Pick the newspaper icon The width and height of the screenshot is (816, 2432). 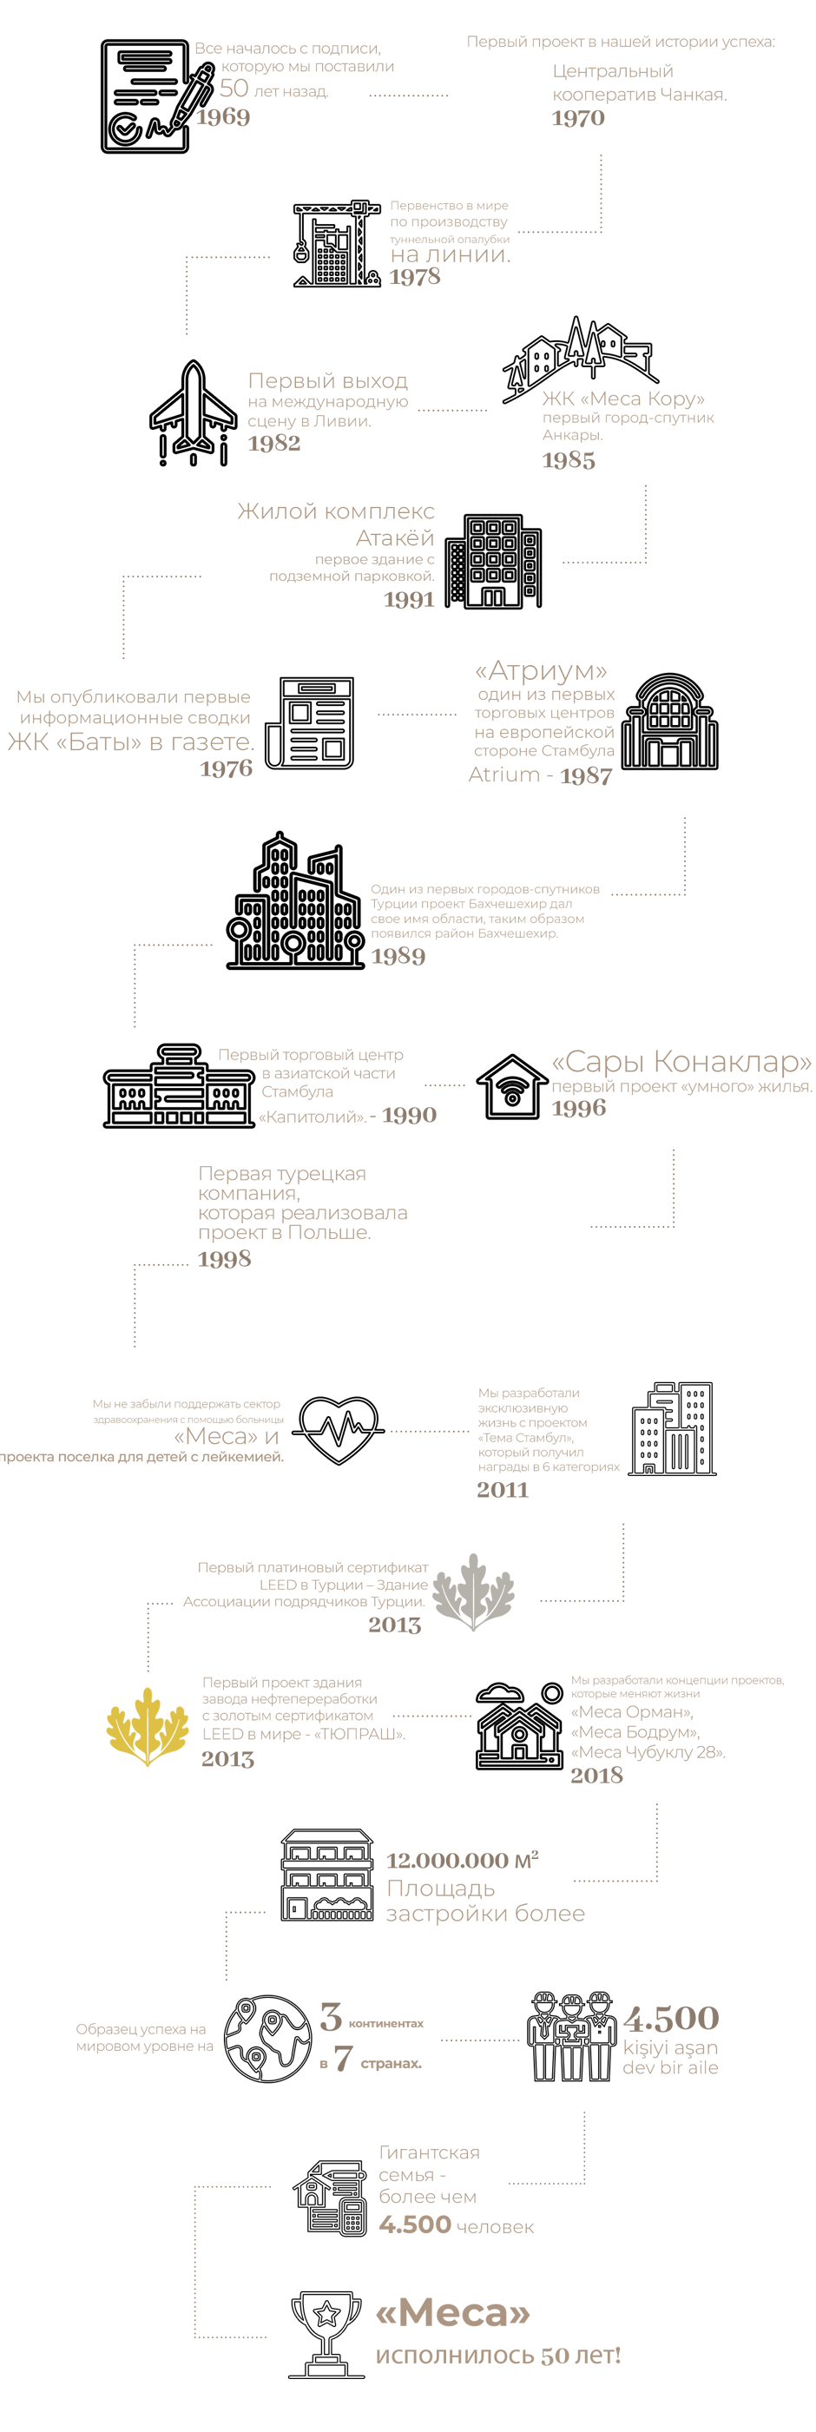[x=310, y=722]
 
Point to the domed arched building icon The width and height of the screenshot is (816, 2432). [x=668, y=722]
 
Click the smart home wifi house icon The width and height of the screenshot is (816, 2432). [x=512, y=1088]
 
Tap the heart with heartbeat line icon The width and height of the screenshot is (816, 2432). [x=337, y=1428]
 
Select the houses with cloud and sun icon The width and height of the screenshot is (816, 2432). [x=519, y=1725]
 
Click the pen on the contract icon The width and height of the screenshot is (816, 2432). [x=193, y=95]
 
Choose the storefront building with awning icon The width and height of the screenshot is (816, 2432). [x=326, y=1874]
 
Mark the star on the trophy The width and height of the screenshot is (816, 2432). [x=326, y=2312]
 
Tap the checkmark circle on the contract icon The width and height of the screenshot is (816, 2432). [x=126, y=129]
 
